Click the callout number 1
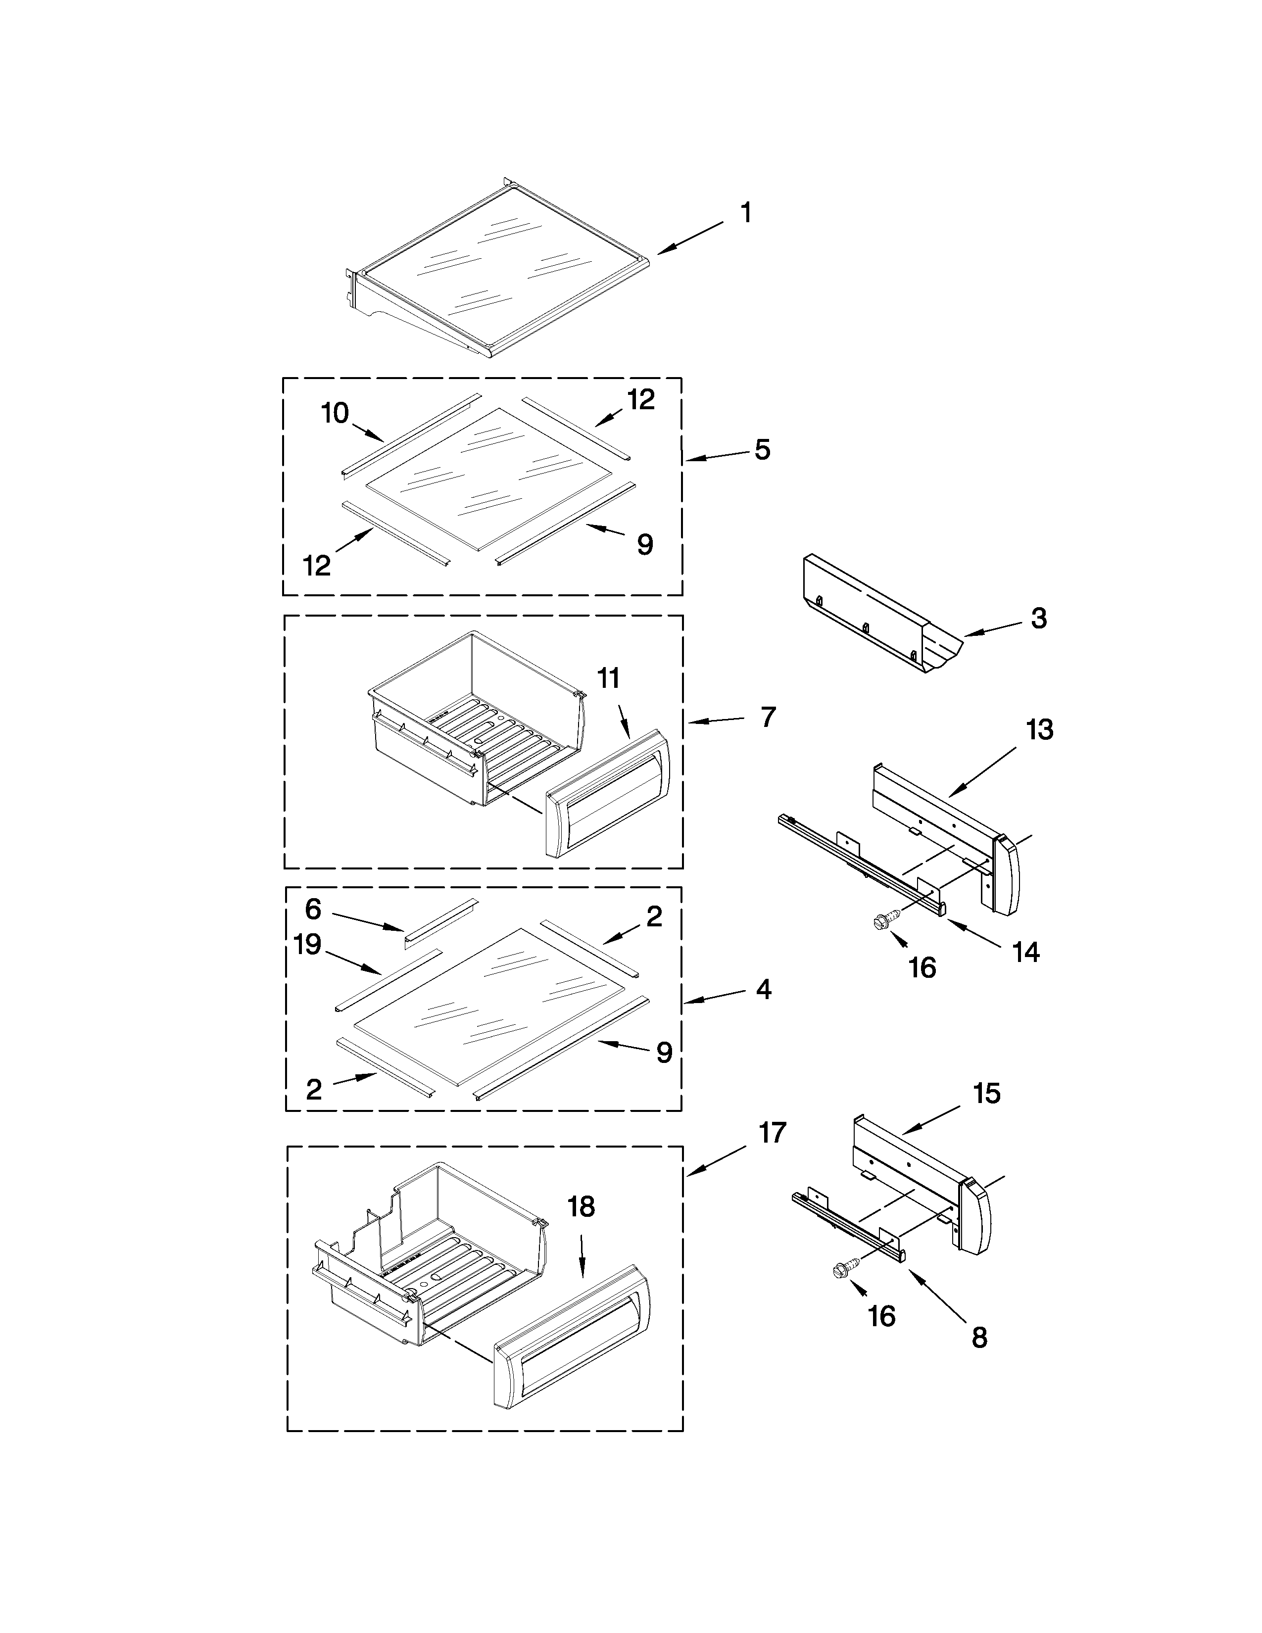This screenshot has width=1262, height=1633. pyautogui.click(x=745, y=213)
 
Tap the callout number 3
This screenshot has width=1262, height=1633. pyautogui.click(x=1038, y=619)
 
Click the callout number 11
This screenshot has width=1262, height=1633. pyautogui.click(x=609, y=679)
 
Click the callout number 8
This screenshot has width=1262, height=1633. pyautogui.click(x=979, y=1338)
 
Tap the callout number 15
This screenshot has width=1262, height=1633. pyautogui.click(x=987, y=1094)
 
